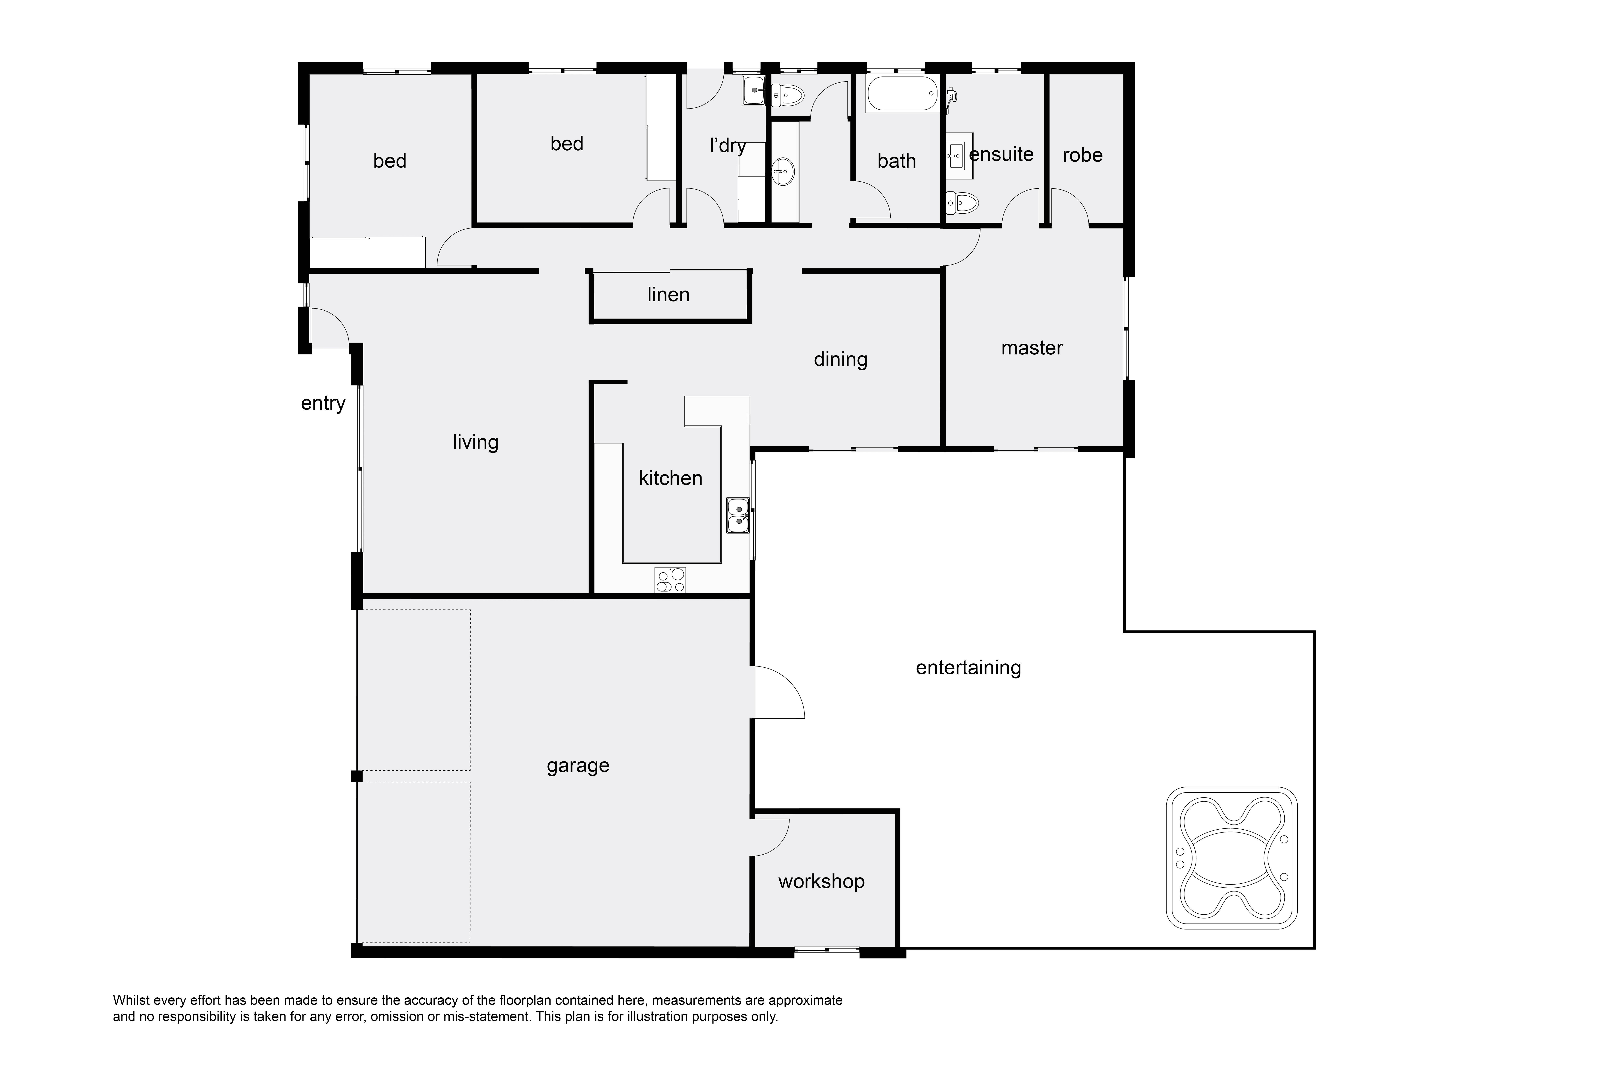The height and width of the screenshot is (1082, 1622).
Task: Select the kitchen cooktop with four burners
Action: click(670, 580)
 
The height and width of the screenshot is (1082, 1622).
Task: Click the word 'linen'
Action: click(668, 295)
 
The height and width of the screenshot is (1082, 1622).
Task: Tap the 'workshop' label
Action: click(821, 882)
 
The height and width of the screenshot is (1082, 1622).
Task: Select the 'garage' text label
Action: click(578, 766)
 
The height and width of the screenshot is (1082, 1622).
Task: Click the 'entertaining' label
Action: click(968, 668)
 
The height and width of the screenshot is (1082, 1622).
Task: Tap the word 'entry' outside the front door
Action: click(323, 404)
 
